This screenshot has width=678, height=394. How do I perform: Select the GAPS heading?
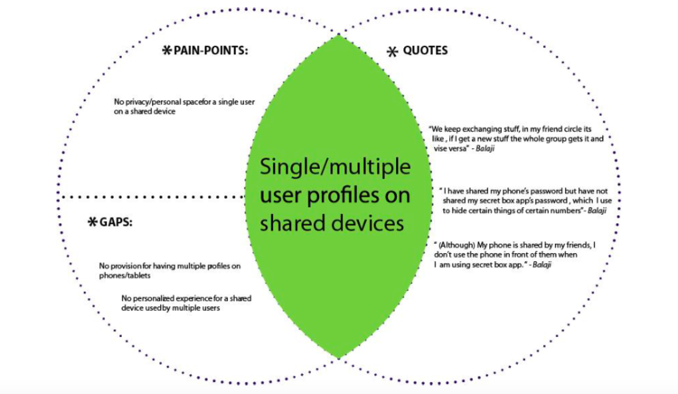(117, 222)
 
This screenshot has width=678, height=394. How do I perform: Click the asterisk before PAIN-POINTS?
(165, 52)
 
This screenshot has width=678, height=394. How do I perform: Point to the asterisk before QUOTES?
(391, 52)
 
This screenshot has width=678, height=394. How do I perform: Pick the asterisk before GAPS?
(92, 223)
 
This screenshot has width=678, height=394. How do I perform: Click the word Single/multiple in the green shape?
(334, 167)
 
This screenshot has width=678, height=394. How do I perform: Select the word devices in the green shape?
(370, 223)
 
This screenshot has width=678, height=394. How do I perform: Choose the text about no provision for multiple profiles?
(171, 271)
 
